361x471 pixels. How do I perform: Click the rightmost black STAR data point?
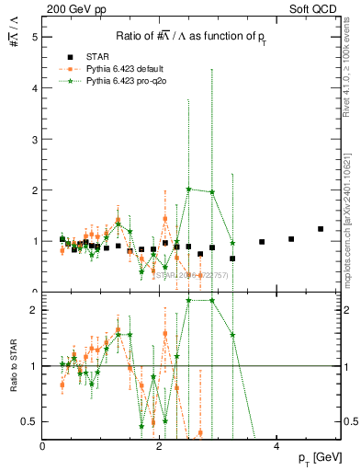321,229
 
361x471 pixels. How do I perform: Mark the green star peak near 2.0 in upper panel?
188,190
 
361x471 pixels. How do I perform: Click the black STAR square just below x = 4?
262,242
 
